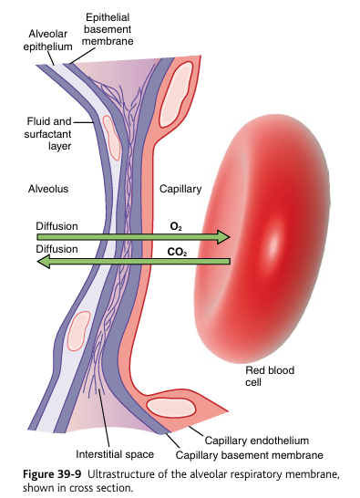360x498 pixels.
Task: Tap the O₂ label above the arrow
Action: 175,224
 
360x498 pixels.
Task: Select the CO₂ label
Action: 176,249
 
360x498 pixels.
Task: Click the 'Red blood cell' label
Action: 266,377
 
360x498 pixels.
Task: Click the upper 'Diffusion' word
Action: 57,225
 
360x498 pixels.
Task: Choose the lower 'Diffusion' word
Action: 57,248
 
